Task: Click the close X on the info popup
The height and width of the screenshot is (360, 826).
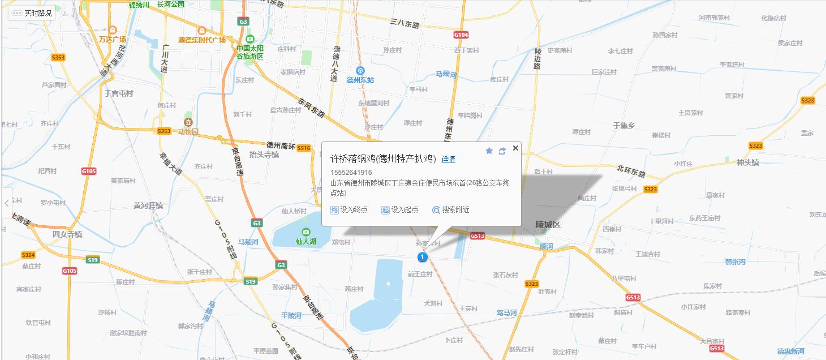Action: point(515,148)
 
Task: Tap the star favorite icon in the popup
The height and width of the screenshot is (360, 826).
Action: point(489,151)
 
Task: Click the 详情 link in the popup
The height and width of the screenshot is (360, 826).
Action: point(448,159)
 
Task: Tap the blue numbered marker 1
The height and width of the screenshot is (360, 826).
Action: point(422,257)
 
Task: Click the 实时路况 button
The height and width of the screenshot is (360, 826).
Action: point(32,12)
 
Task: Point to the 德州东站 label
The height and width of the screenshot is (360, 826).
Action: point(360,80)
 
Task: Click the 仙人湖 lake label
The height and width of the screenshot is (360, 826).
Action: point(306,241)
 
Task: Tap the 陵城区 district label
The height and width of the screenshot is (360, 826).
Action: point(548,225)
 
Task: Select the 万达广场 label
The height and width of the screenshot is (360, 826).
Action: point(113,40)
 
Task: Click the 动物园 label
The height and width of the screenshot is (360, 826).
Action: point(188,131)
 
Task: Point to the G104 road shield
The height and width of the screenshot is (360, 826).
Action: point(461,35)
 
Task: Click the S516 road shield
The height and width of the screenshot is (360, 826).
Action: point(304,148)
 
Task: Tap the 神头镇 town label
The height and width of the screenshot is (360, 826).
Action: point(747,162)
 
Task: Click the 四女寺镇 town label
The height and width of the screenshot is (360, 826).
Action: point(67,234)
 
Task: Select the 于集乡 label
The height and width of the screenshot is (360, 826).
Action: point(624,126)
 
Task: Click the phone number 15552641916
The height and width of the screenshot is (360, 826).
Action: point(351,172)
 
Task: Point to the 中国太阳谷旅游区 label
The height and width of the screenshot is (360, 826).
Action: point(250,52)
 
